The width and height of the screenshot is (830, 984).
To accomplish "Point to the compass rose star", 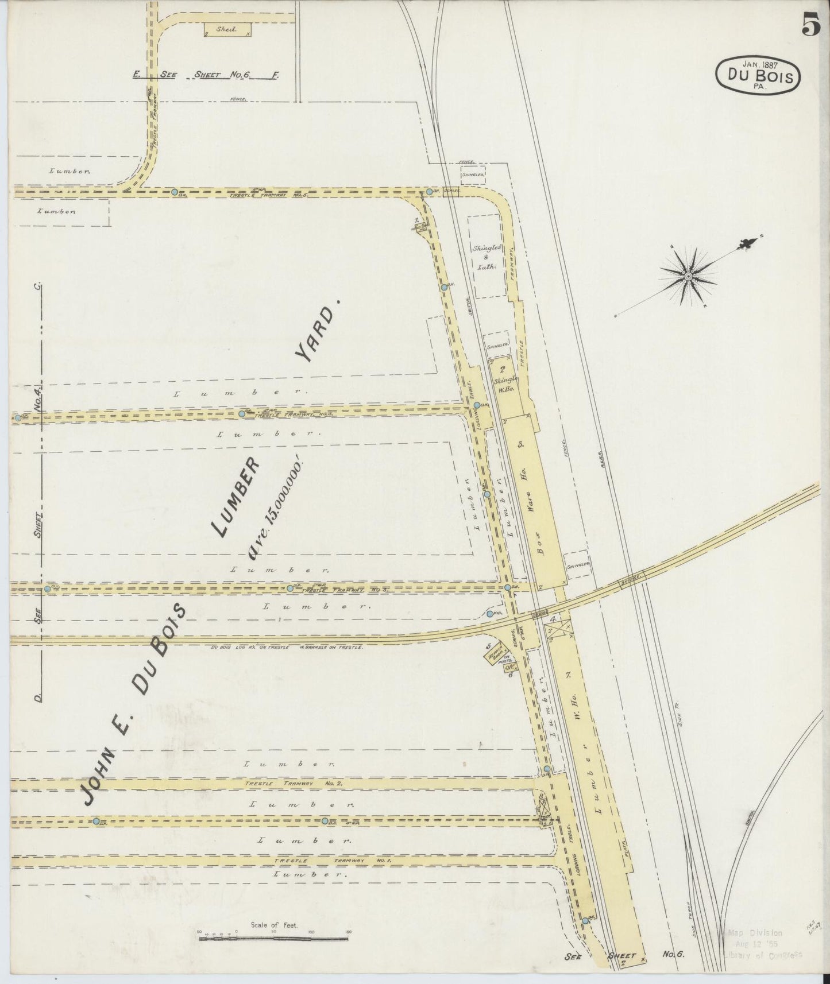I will pos(688,277).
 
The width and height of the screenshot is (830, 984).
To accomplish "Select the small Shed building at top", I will pos(228,30).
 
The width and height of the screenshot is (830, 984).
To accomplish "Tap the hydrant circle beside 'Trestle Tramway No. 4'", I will pos(242,413).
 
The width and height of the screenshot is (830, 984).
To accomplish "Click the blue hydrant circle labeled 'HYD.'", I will pos(489,614).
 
